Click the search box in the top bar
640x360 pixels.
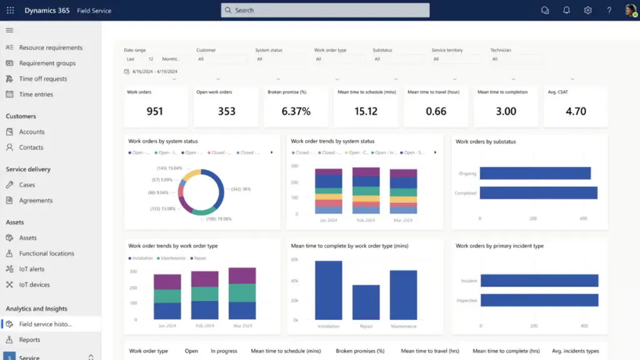click(x=325, y=10)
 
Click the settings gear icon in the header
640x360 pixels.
click(x=587, y=10)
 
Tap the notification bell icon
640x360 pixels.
click(x=566, y=10)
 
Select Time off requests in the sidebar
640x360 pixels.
click(x=42, y=79)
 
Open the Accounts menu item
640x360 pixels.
click(x=31, y=132)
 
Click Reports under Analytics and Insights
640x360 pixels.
click(x=29, y=340)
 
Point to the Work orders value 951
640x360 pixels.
click(x=154, y=111)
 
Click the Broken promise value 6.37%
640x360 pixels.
click(x=296, y=111)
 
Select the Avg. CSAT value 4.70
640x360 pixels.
click(x=576, y=111)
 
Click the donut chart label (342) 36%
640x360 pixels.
click(x=241, y=189)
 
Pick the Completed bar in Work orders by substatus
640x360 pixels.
click(x=538, y=193)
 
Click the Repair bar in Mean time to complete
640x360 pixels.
click(x=366, y=302)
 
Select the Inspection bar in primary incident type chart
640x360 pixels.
click(x=539, y=301)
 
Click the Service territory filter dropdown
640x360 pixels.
click(x=456, y=59)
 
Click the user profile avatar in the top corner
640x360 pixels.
click(x=630, y=10)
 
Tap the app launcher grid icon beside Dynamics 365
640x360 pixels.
click(x=10, y=10)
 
